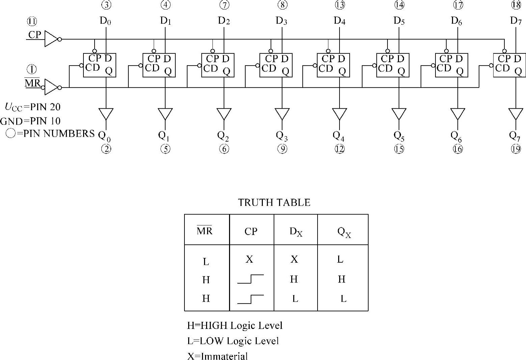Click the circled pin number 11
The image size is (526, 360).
point(32,22)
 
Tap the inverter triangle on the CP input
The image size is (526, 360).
point(51,39)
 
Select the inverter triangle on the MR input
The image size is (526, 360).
point(51,87)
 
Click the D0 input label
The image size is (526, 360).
point(105,21)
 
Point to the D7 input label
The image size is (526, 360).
point(516,21)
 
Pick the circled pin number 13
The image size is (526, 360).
point(340,5)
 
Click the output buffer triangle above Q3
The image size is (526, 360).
point(282,114)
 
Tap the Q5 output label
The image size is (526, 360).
point(399,136)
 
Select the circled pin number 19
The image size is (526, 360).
point(516,149)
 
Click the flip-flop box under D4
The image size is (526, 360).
point(333,65)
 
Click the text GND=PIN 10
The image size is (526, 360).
point(30,121)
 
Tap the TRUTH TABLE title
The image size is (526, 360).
point(274,202)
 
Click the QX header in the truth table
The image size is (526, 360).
point(344,232)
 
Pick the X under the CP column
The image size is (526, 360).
point(249,259)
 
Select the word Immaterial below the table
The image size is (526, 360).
point(224,356)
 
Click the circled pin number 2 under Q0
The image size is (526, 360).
point(106,149)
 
